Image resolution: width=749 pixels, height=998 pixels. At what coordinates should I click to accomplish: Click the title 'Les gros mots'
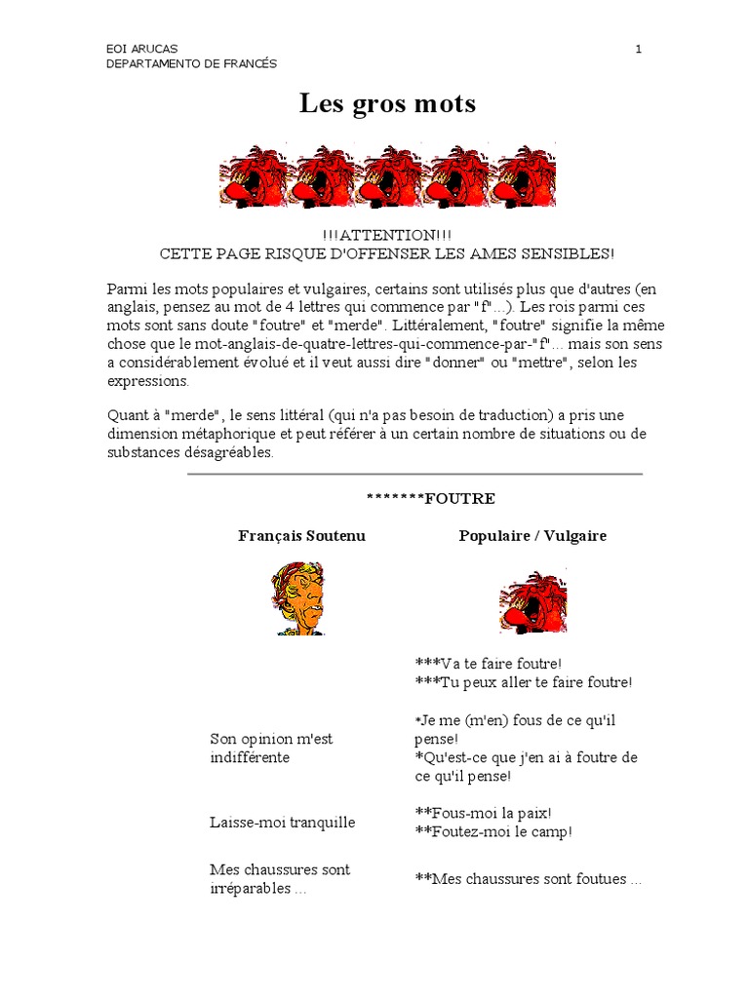click(387, 103)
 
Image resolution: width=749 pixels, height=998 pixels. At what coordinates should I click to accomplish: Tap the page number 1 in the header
click(638, 50)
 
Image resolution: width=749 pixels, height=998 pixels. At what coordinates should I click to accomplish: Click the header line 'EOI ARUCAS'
click(141, 50)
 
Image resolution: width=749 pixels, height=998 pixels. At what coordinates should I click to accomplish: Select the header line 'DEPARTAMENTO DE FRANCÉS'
click(191, 64)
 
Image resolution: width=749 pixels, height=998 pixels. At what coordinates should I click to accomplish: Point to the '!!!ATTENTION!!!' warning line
click(386, 236)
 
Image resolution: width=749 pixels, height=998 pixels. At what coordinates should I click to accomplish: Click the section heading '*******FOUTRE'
click(430, 499)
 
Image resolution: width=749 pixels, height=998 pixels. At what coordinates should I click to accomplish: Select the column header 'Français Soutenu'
click(302, 536)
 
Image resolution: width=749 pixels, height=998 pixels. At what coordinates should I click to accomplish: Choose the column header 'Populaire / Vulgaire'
click(532, 536)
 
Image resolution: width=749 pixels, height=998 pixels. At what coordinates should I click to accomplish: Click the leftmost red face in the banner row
click(254, 177)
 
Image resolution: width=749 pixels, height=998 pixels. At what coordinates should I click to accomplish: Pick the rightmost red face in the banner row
click(525, 177)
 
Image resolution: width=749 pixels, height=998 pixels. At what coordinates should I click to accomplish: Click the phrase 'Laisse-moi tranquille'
click(283, 823)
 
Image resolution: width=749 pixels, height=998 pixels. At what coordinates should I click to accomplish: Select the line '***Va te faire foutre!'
click(489, 662)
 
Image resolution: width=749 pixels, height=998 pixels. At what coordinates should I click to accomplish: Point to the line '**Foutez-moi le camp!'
click(493, 832)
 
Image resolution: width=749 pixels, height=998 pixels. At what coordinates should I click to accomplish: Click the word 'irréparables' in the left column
click(250, 889)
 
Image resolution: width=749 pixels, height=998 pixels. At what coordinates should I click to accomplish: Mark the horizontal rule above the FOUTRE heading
click(414, 475)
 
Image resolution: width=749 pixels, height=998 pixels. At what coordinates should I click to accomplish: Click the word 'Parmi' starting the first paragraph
click(125, 288)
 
